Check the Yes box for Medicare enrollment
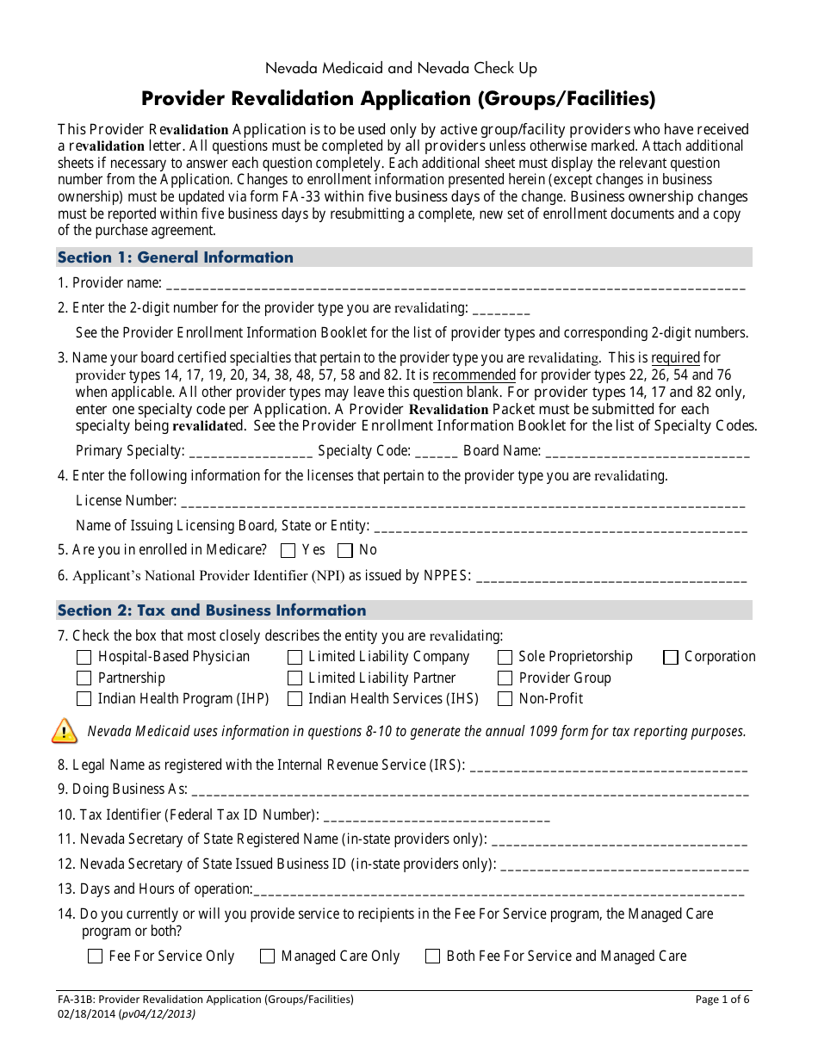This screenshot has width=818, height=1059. click(288, 551)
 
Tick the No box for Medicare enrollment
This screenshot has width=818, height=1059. click(345, 551)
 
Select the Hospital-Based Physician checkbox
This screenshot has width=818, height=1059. click(84, 658)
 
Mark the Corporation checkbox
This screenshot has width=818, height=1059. click(671, 658)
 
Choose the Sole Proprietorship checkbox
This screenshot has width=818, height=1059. click(505, 658)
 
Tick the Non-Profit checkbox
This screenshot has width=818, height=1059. click(505, 699)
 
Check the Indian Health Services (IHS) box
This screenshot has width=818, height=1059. click(294, 699)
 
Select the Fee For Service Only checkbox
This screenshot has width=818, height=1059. click(95, 957)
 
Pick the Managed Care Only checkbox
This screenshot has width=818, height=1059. click(267, 957)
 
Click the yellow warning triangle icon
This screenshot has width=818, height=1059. click(65, 731)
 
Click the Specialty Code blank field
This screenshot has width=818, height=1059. click(437, 452)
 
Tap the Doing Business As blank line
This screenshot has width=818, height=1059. click(469, 790)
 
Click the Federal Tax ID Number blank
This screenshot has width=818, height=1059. click(437, 815)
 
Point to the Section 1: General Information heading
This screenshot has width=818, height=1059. click(176, 257)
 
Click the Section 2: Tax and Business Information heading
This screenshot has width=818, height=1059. click(212, 610)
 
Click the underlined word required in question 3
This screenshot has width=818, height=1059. click(675, 358)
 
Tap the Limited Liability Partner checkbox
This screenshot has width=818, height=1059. click(294, 678)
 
